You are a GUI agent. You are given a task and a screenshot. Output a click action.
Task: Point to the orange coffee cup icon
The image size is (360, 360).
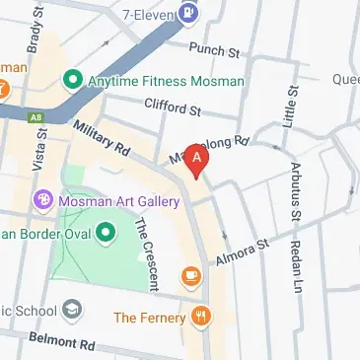pos(190,276)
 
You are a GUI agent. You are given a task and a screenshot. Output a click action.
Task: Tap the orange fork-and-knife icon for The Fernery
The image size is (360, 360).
pos(203,317)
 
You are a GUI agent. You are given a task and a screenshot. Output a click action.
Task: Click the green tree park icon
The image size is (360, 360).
pos(110,232)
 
